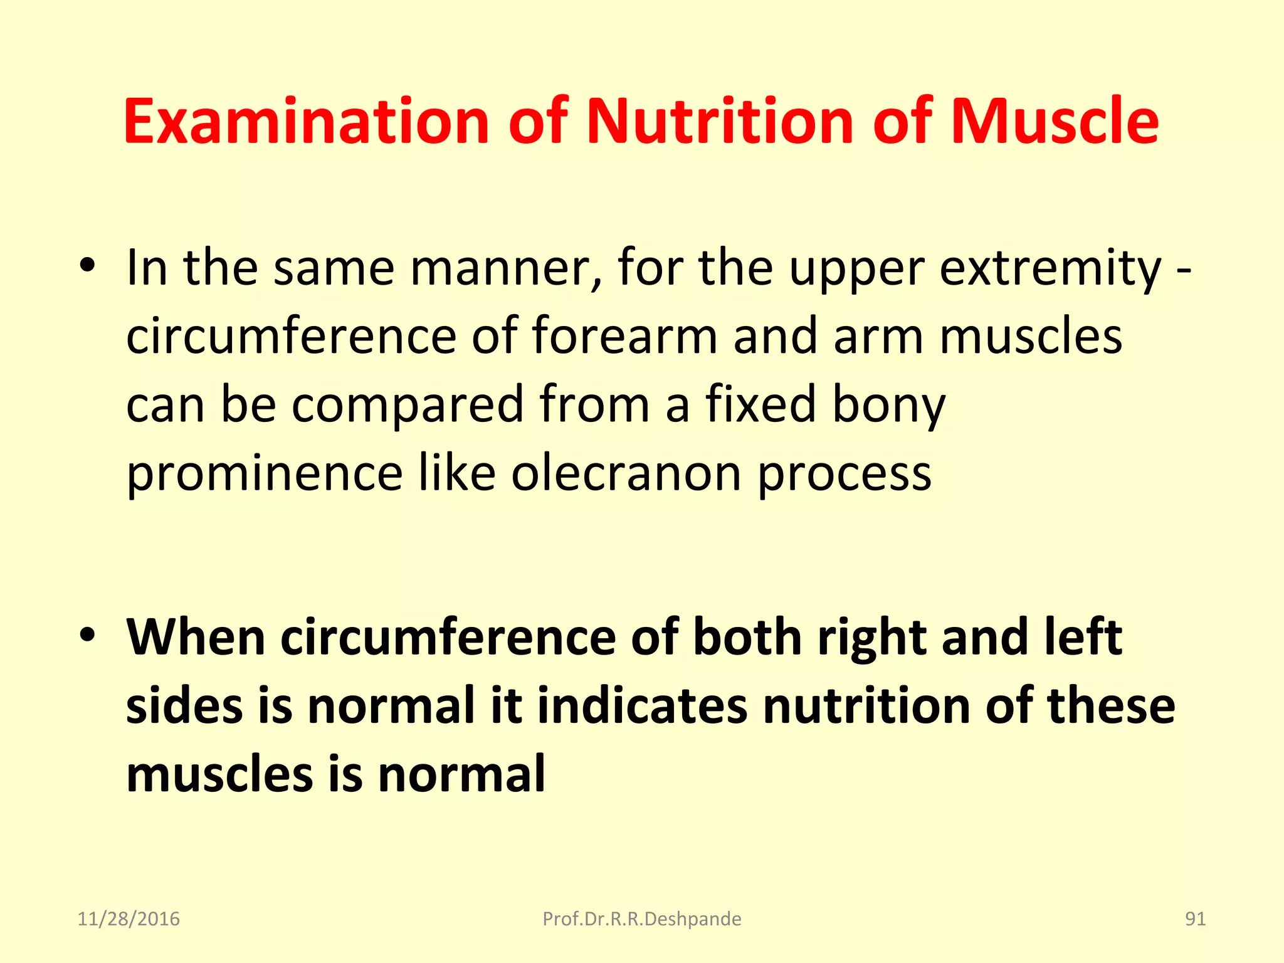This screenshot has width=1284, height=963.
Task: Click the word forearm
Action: [624, 336]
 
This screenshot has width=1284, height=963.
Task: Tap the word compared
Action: [408, 405]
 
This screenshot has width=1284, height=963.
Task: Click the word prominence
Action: [264, 474]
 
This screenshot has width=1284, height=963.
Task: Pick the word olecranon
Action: [626, 473]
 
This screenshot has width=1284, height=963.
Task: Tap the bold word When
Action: [196, 638]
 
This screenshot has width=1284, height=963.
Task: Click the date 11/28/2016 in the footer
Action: [129, 919]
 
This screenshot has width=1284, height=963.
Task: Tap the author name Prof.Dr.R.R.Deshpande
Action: [641, 919]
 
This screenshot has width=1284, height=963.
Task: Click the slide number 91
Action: [1195, 919]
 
